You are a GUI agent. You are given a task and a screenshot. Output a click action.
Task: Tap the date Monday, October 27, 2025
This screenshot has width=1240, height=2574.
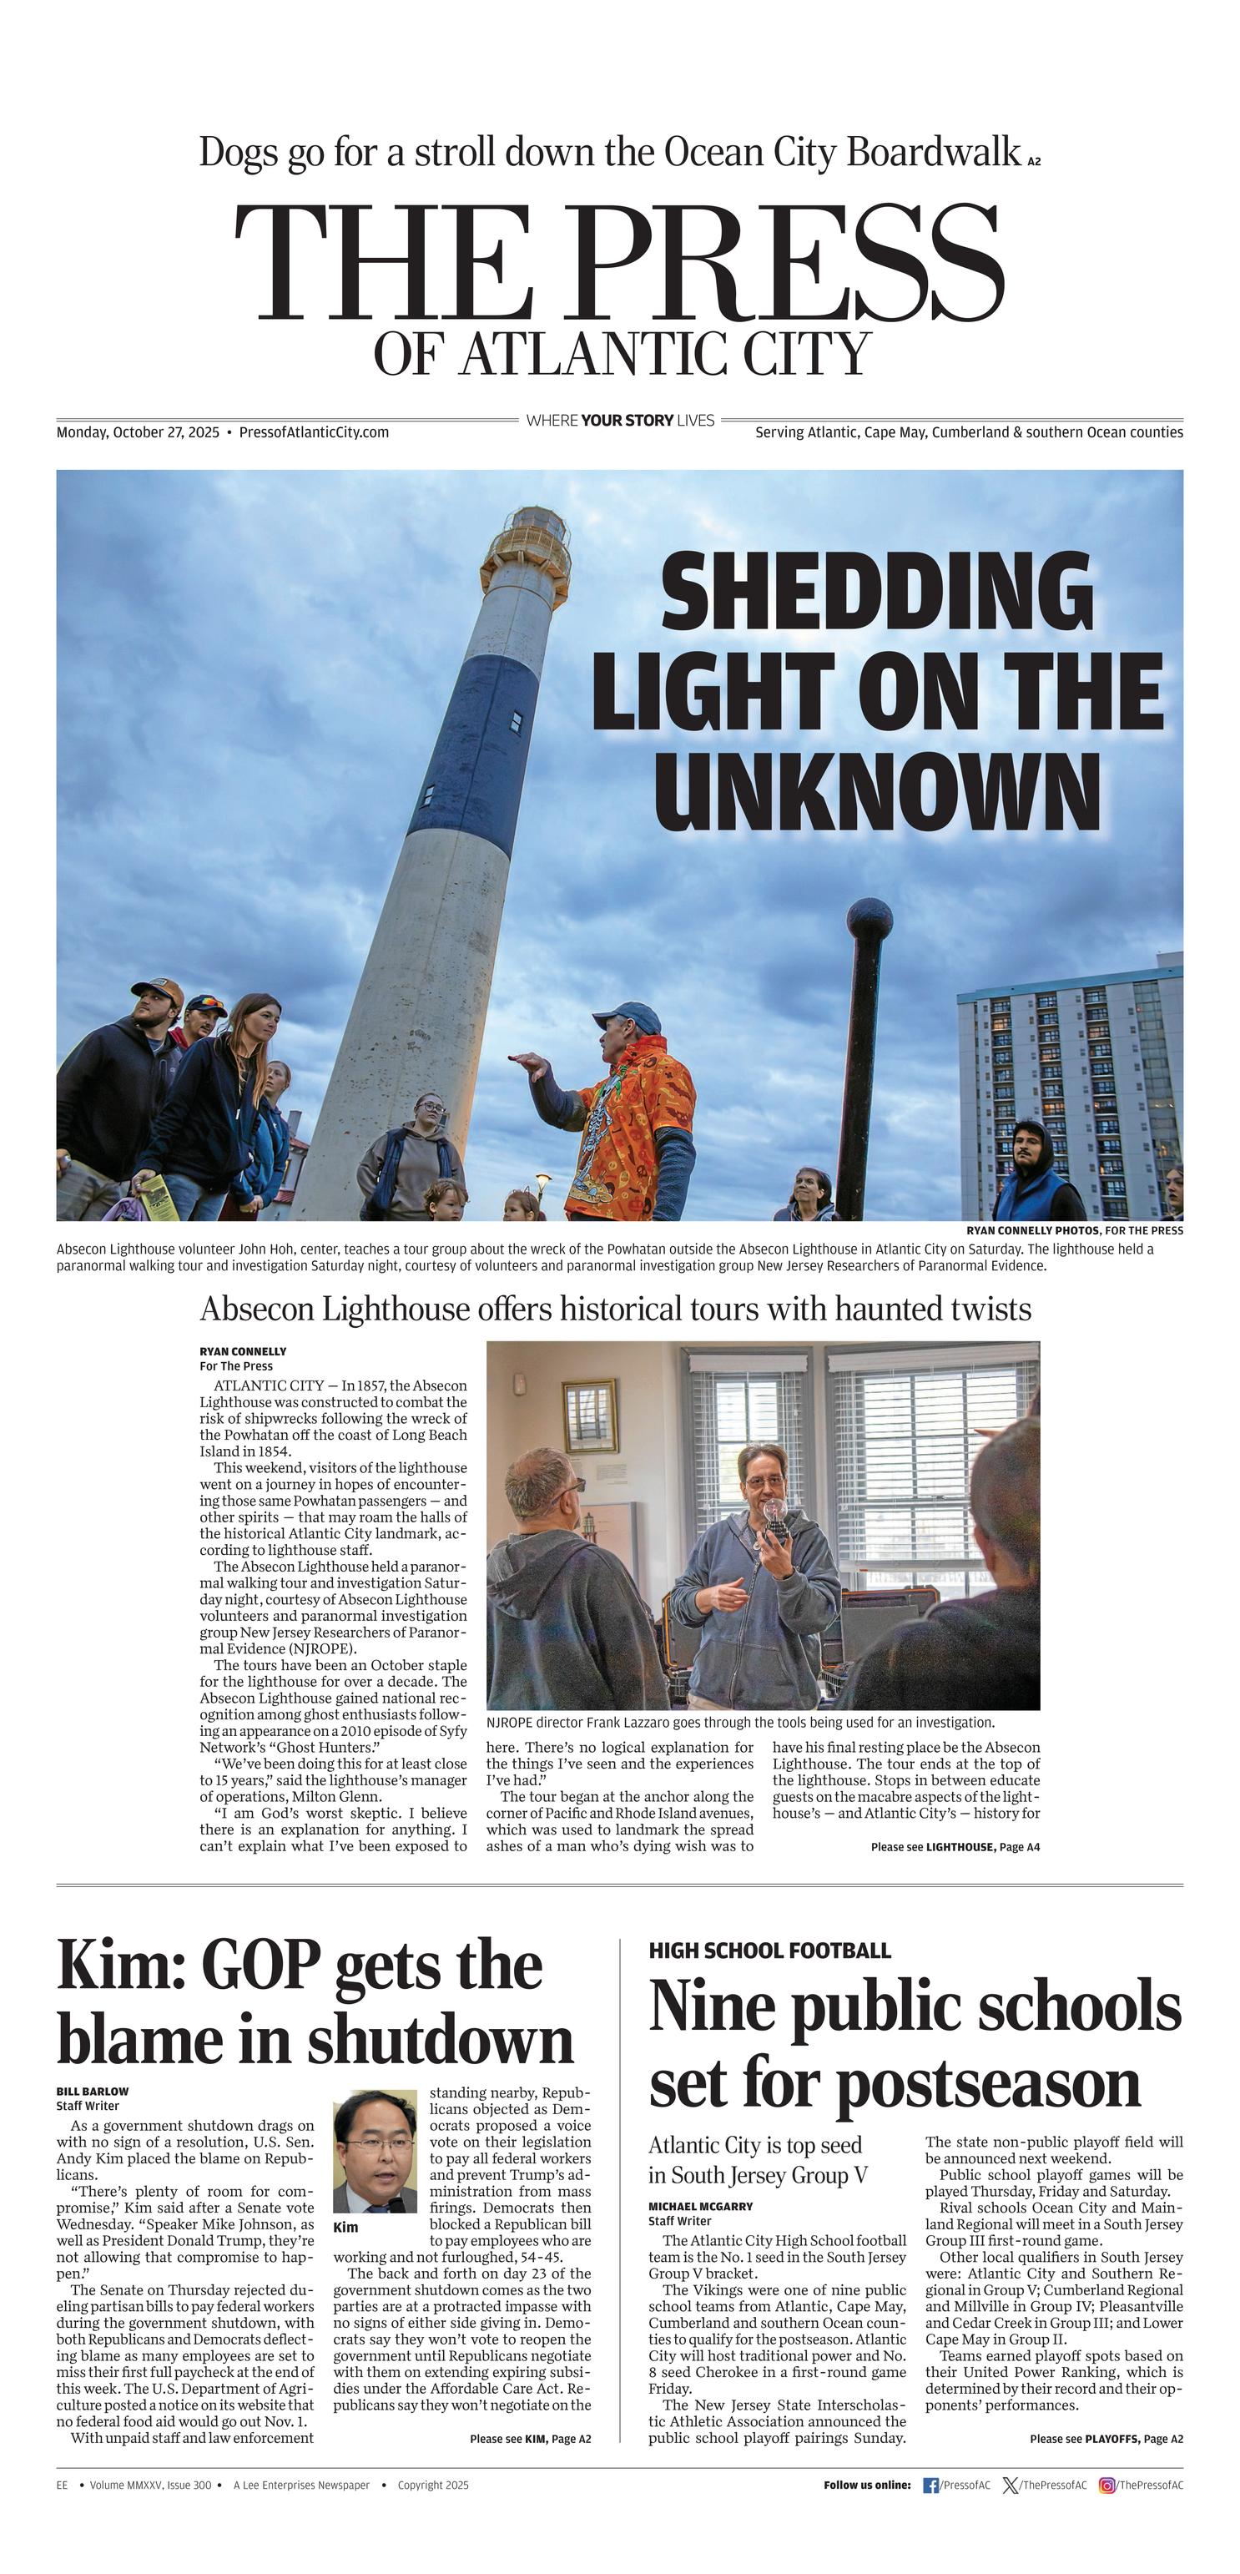pyautogui.click(x=138, y=432)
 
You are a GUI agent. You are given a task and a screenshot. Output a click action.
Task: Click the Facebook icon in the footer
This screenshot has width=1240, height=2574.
pyautogui.click(x=930, y=2485)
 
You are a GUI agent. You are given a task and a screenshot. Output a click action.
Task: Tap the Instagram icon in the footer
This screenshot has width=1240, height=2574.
pyautogui.click(x=1106, y=2485)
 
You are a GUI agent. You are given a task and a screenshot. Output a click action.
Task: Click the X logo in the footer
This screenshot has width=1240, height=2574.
pyautogui.click(x=1011, y=2485)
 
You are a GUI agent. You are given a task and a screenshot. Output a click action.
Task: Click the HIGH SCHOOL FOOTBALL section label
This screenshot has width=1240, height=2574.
pyautogui.click(x=769, y=1950)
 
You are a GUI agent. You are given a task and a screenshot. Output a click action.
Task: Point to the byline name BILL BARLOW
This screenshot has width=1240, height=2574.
pyautogui.click(x=92, y=2091)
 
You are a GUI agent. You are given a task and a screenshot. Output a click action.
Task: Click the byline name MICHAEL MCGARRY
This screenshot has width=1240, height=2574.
pyautogui.click(x=700, y=2205)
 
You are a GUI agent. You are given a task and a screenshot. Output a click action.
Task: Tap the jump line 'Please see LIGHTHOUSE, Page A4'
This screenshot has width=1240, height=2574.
pyautogui.click(x=955, y=1846)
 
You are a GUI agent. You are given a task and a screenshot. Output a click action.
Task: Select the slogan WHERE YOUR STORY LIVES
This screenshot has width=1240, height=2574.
pyautogui.click(x=619, y=421)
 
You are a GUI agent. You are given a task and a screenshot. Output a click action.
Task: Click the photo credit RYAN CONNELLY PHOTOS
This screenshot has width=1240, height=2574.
pyautogui.click(x=1032, y=1230)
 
